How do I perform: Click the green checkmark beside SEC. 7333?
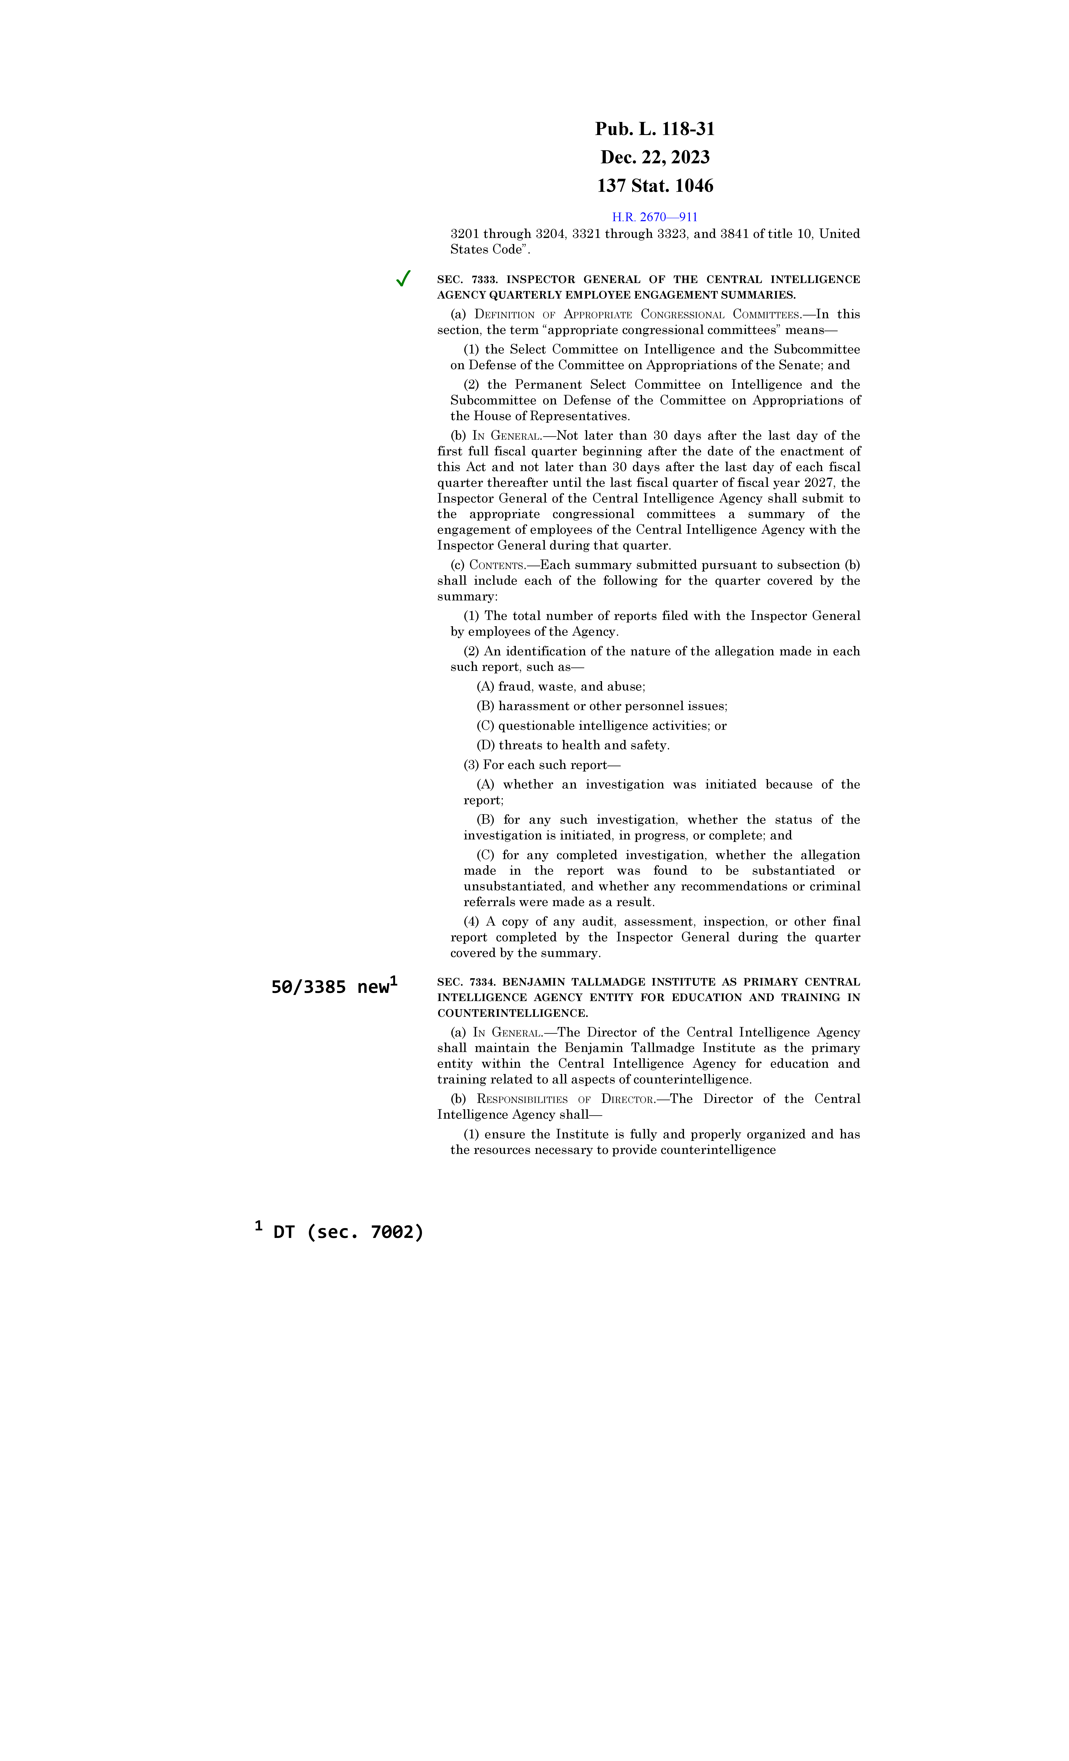pyautogui.click(x=403, y=279)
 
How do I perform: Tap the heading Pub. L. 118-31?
pyautogui.click(x=655, y=129)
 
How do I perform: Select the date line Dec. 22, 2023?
pyautogui.click(x=655, y=157)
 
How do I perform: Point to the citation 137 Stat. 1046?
pyautogui.click(x=655, y=186)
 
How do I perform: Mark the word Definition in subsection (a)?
pyautogui.click(x=505, y=314)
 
